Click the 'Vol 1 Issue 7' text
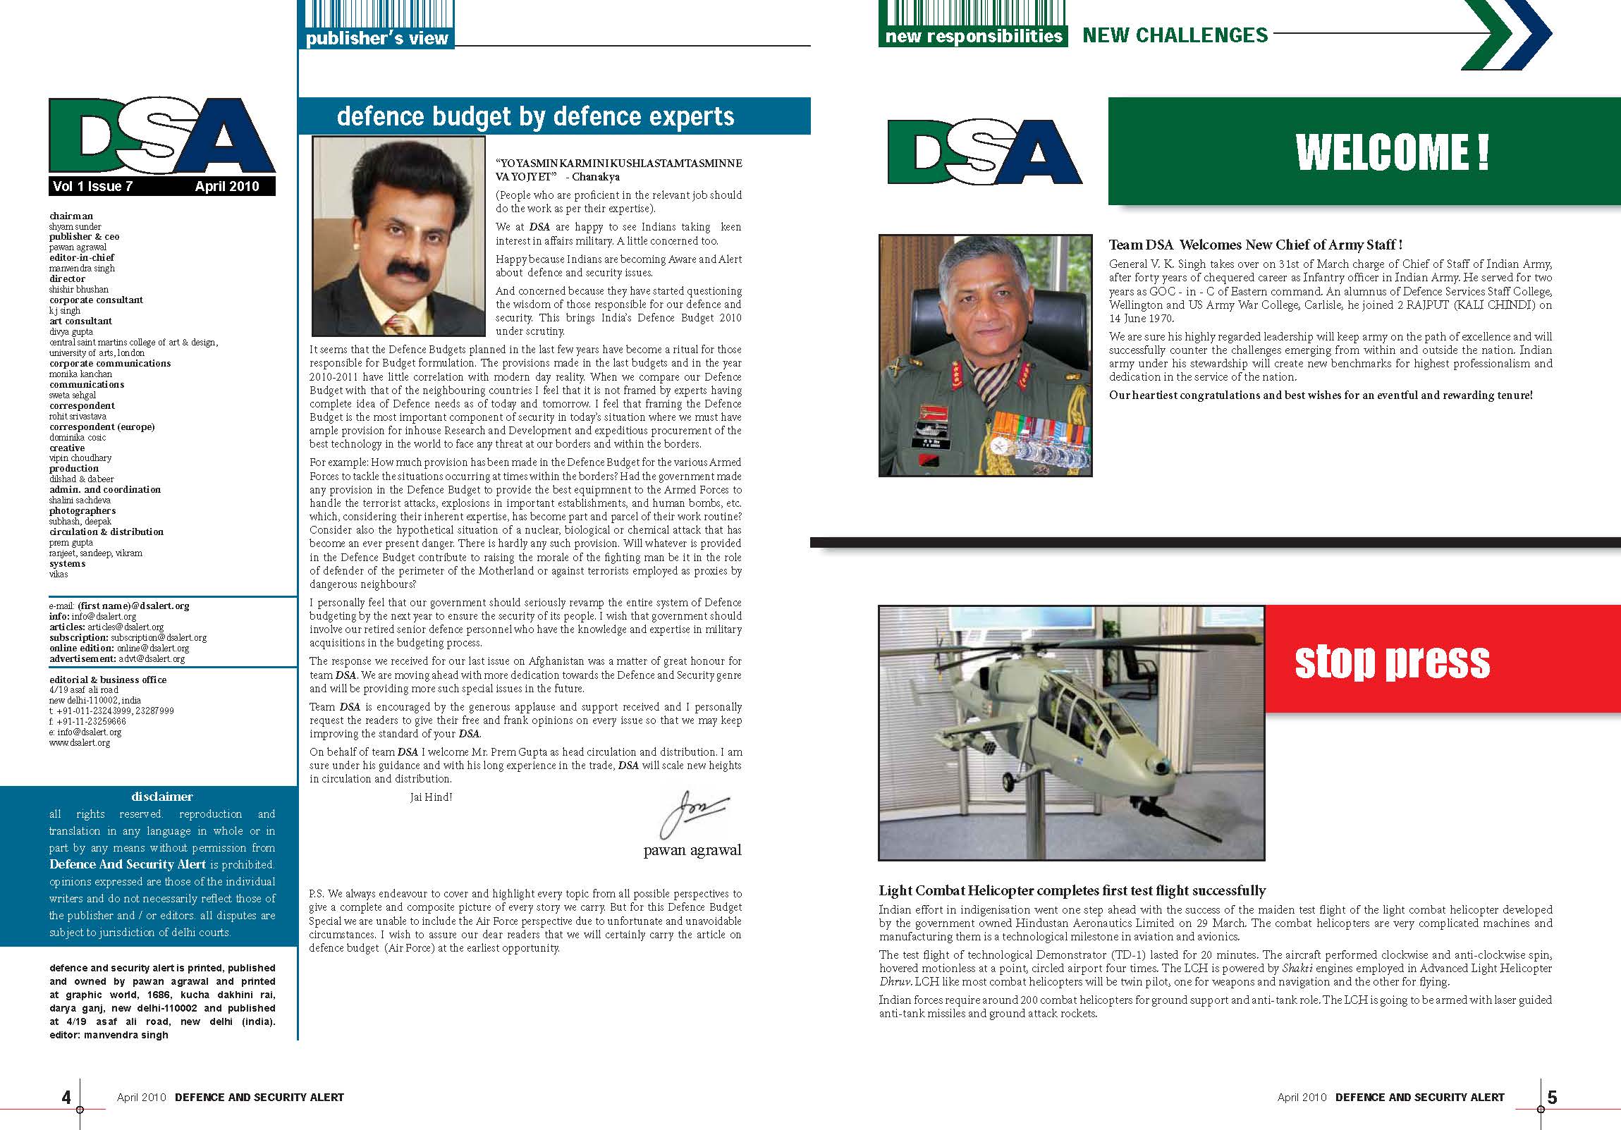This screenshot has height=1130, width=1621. pos(92,186)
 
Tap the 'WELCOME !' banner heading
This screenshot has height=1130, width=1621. pos(1392,152)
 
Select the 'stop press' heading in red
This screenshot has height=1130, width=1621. pos(1392,661)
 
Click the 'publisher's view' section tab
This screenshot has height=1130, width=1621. pos(377,38)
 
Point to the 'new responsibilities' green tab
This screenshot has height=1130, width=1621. pos(974,36)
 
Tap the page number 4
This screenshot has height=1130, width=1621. pos(66,1097)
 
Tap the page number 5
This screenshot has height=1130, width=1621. pos(1552,1097)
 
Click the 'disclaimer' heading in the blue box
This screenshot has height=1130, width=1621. pos(161,796)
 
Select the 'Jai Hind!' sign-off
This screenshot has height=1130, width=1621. pos(431,797)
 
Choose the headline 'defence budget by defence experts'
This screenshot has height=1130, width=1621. pos(535,116)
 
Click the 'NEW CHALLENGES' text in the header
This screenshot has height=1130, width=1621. pos(1175,35)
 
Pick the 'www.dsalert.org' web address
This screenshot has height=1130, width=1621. pos(80,742)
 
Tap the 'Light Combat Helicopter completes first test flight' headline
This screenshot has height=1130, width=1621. pos(1072,891)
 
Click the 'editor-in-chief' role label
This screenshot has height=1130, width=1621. pos(81,257)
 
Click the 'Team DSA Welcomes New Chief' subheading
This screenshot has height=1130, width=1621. pos(1254,245)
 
